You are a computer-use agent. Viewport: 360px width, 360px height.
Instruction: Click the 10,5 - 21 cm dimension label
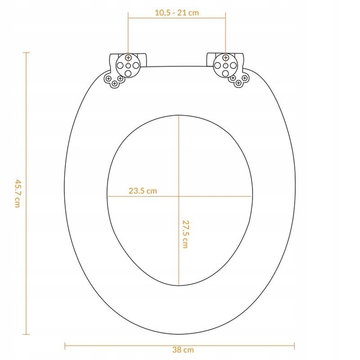[177, 13]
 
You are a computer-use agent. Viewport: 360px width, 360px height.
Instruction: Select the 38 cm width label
[183, 350]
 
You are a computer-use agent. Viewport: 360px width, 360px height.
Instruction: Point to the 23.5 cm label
[143, 191]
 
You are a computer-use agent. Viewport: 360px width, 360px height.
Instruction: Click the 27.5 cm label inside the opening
[185, 234]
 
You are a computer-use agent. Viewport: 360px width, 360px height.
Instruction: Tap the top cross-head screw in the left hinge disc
[128, 58]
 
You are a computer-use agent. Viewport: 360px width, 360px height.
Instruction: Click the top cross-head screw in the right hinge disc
[225, 58]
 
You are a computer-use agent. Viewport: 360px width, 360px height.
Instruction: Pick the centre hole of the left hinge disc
[128, 66]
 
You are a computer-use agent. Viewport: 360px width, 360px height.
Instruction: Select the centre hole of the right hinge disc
[225, 66]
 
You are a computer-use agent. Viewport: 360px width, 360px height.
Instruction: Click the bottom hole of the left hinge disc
[128, 74]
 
